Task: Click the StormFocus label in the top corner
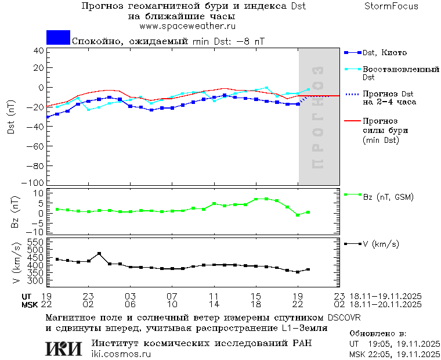tap(391, 6)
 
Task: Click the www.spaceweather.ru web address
tap(187, 26)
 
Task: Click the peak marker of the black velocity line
tap(99, 254)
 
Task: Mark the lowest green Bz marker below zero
tap(298, 215)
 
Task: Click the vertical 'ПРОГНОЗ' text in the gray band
tap(318, 117)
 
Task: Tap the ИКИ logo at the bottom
tap(64, 348)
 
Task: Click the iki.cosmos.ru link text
tap(121, 354)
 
